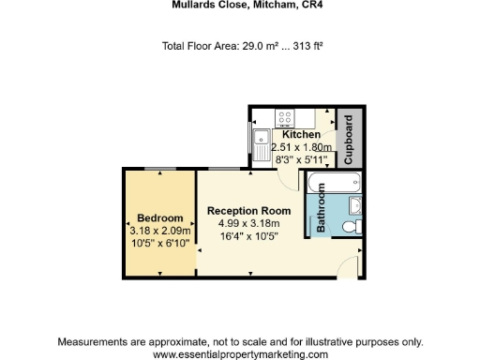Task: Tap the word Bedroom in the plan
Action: pyautogui.click(x=159, y=218)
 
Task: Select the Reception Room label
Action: pyautogui.click(x=249, y=211)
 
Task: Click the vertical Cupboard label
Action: pyautogui.click(x=349, y=140)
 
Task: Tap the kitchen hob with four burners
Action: pyautogui.click(x=285, y=118)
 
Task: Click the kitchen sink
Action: pyautogui.click(x=259, y=145)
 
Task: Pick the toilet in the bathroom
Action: pyautogui.click(x=352, y=226)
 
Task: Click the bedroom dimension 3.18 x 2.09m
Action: pyautogui.click(x=160, y=231)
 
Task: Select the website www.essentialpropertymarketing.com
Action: pyautogui.click(x=240, y=354)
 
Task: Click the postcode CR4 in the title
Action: pyautogui.click(x=296, y=5)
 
